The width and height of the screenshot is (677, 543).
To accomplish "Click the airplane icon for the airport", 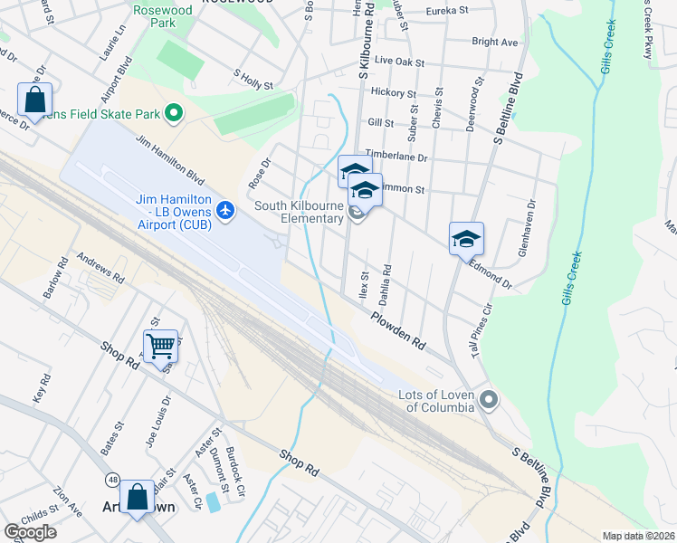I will coord(225,212).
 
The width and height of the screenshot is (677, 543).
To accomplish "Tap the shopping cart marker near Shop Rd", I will coord(160,345).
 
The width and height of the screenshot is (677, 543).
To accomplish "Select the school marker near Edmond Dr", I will coord(466,239).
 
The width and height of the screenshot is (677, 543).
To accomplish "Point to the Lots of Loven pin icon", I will coord(490,399).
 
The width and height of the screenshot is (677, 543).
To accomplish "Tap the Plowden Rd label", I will coord(398,330).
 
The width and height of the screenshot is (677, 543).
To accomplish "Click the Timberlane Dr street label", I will coord(396,157).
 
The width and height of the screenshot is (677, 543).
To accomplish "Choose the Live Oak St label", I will coord(399,61).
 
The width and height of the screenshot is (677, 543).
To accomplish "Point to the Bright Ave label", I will coord(495,42).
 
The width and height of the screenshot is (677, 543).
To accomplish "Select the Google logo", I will coord(30,531).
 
